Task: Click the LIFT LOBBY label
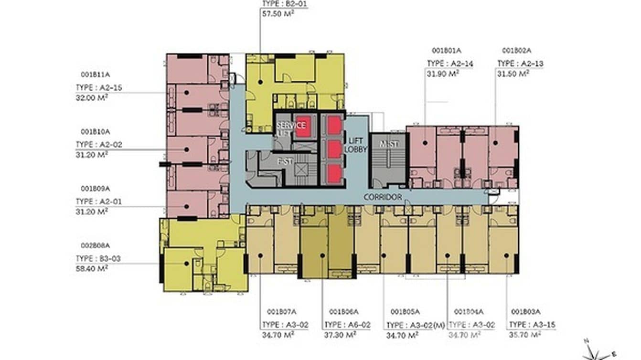click(357, 145)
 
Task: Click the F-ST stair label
click(285, 161)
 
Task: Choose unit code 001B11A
click(96, 74)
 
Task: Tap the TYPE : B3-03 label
click(98, 258)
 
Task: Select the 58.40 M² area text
click(92, 268)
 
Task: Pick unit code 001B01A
click(446, 50)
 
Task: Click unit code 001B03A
click(525, 312)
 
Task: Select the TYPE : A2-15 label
click(99, 87)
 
